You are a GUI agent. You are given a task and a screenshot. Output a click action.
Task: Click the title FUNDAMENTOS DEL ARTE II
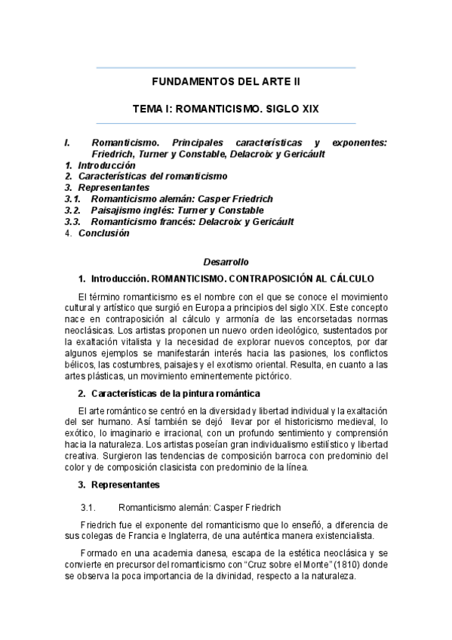[226, 82]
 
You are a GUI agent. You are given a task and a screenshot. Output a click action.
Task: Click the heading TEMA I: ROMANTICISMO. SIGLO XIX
[226, 109]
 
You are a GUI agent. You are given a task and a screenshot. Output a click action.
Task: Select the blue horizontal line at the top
[226, 68]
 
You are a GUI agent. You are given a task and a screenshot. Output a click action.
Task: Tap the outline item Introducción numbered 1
[106, 165]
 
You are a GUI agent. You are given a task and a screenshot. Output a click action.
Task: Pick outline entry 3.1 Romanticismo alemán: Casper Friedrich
[181, 198]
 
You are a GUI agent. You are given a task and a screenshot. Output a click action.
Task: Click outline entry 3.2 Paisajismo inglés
[177, 210]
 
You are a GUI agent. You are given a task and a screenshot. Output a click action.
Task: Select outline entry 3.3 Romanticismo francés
[192, 222]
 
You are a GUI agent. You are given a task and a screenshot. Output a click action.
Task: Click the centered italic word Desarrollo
[226, 262]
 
